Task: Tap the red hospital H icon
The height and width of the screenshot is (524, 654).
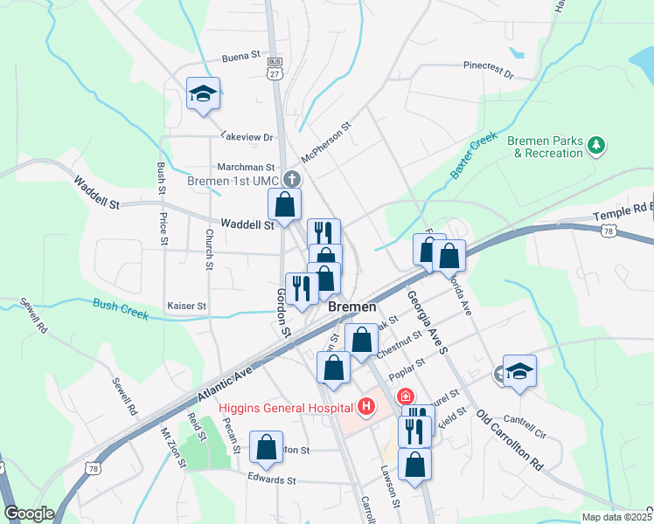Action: click(x=365, y=407)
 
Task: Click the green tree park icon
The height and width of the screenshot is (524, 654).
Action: click(x=597, y=145)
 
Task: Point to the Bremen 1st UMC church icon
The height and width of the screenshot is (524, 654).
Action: click(x=292, y=180)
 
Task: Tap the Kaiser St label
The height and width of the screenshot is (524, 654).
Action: click(x=186, y=307)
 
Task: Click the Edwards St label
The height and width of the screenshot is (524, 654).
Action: click(x=272, y=480)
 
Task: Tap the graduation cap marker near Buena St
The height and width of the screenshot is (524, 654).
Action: click(x=203, y=93)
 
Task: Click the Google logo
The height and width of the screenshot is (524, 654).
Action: click(x=28, y=514)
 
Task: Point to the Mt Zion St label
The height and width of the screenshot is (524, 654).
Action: click(x=173, y=446)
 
